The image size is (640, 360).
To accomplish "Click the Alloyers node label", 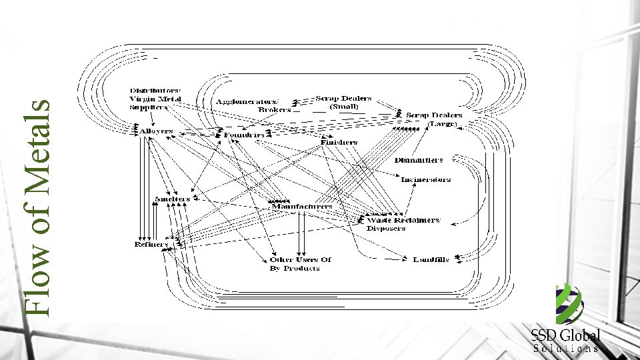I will (x=156, y=131).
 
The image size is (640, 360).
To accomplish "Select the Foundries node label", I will (x=244, y=135).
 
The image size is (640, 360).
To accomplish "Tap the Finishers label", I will (x=339, y=142).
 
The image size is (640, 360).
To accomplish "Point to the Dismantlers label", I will (x=419, y=160).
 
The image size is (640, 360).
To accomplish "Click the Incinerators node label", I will (x=426, y=179).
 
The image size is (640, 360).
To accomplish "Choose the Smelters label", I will (x=173, y=199).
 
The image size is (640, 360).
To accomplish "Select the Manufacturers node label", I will (x=301, y=207).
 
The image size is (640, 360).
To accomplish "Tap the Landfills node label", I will (x=431, y=259).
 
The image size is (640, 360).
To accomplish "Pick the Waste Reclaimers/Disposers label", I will (x=403, y=224).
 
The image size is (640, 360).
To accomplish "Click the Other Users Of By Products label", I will (x=299, y=264).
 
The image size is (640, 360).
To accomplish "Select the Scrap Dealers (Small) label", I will (x=343, y=103).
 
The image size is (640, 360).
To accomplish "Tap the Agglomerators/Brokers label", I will (x=254, y=105).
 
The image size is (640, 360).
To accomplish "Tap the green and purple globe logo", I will (x=569, y=304).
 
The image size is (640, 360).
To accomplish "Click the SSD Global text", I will (x=566, y=335).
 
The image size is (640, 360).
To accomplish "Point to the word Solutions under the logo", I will (x=566, y=349).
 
